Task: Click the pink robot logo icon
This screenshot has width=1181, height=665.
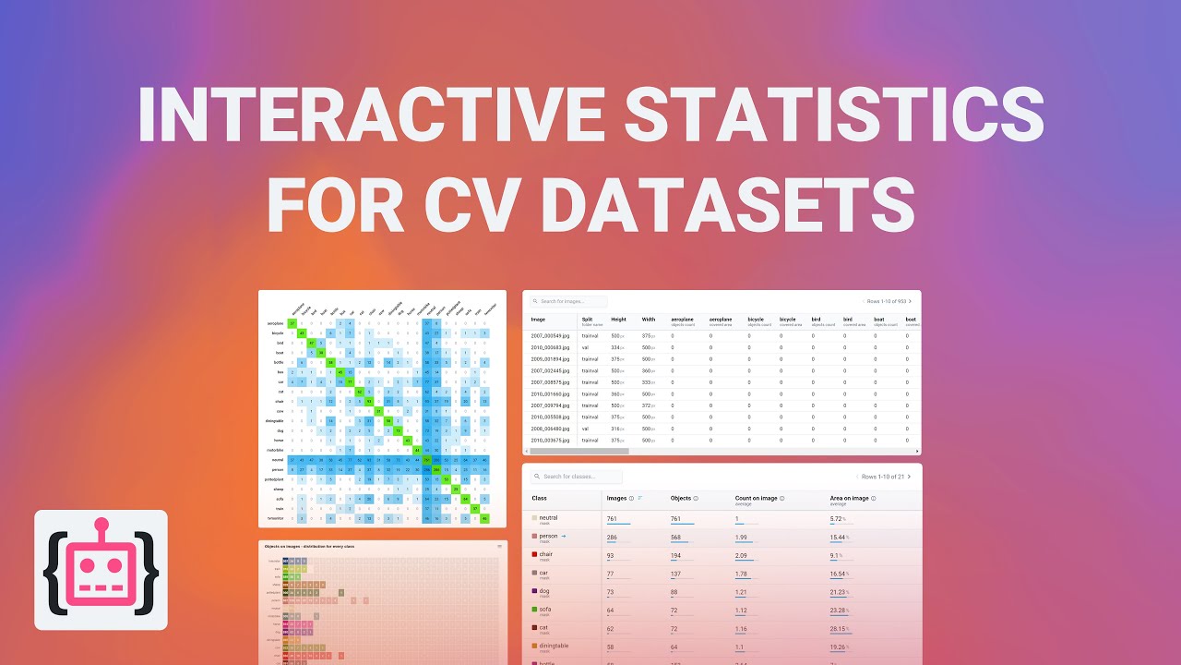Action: coord(101,570)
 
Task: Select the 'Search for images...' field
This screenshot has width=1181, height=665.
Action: coord(572,301)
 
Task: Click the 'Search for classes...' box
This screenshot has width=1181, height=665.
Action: coord(581,477)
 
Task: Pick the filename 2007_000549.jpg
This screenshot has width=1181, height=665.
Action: coord(551,335)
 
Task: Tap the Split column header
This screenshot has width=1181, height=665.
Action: coord(588,319)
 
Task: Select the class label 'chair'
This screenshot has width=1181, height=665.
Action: coord(547,554)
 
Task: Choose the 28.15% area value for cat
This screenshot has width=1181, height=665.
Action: coord(840,628)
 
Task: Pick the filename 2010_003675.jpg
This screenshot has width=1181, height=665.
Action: coord(551,440)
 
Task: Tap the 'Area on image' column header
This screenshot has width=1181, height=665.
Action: coord(850,498)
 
